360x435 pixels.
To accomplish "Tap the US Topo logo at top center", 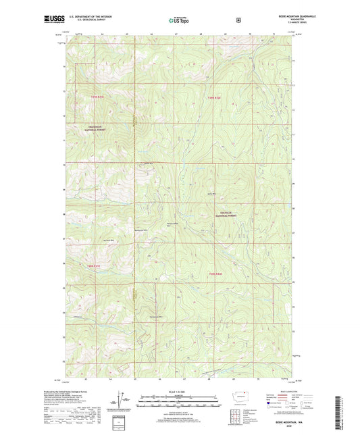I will click(x=179, y=20).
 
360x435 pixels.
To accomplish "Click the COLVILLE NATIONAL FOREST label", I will click(x=227, y=213).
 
